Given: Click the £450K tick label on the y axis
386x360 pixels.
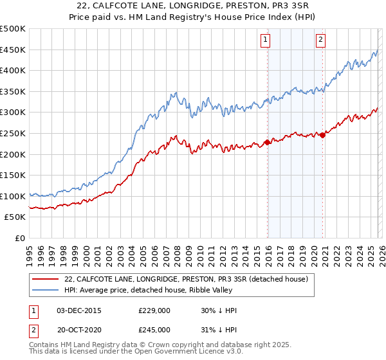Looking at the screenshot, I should [x=14, y=50].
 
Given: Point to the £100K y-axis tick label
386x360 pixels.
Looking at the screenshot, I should [x=14, y=196].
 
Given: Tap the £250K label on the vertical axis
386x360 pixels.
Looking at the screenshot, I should [x=14, y=133].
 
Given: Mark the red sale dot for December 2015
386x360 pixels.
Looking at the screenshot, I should [x=267, y=143].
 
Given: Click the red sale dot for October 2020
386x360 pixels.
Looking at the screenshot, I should [x=322, y=134].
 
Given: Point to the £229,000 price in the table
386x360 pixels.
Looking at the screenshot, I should [x=154, y=310].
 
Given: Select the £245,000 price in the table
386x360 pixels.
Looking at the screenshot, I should [x=154, y=329].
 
